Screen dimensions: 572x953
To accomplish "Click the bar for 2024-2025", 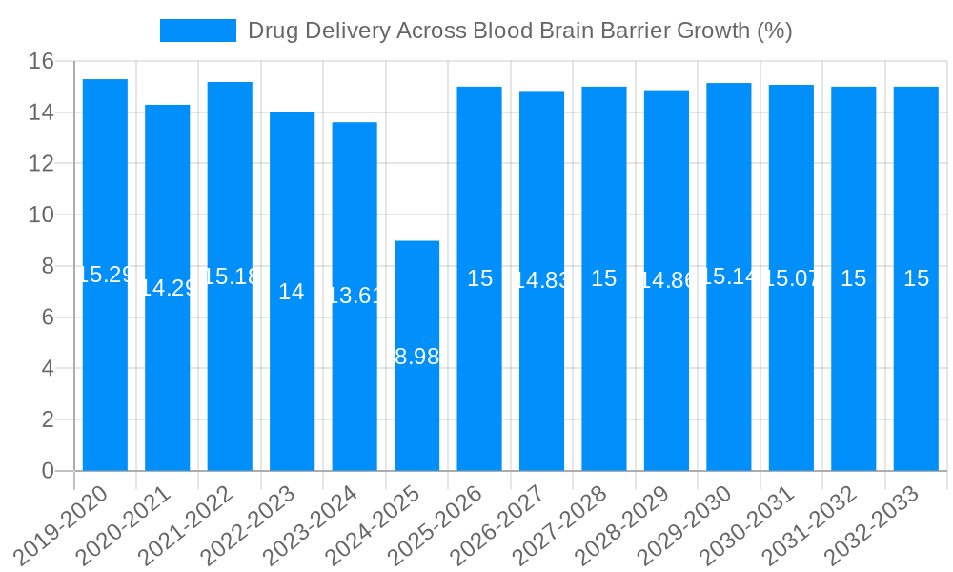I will tap(417, 356).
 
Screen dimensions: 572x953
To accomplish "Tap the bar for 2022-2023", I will tap(292, 291).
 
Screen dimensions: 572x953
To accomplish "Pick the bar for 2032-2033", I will tap(916, 278).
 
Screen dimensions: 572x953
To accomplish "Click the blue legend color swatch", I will tap(197, 31).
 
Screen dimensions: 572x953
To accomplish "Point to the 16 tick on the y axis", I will tap(41, 62).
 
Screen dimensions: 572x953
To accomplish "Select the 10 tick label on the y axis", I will tap(41, 215).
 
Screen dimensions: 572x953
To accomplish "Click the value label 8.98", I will tap(417, 357).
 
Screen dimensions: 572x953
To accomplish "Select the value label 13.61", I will tap(355, 296).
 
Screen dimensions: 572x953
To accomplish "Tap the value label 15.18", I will tap(230, 276).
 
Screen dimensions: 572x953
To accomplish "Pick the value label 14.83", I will tap(541, 280).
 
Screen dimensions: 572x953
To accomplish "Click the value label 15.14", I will tap(729, 276).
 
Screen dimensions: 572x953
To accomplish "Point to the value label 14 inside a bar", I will tap(292, 292).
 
